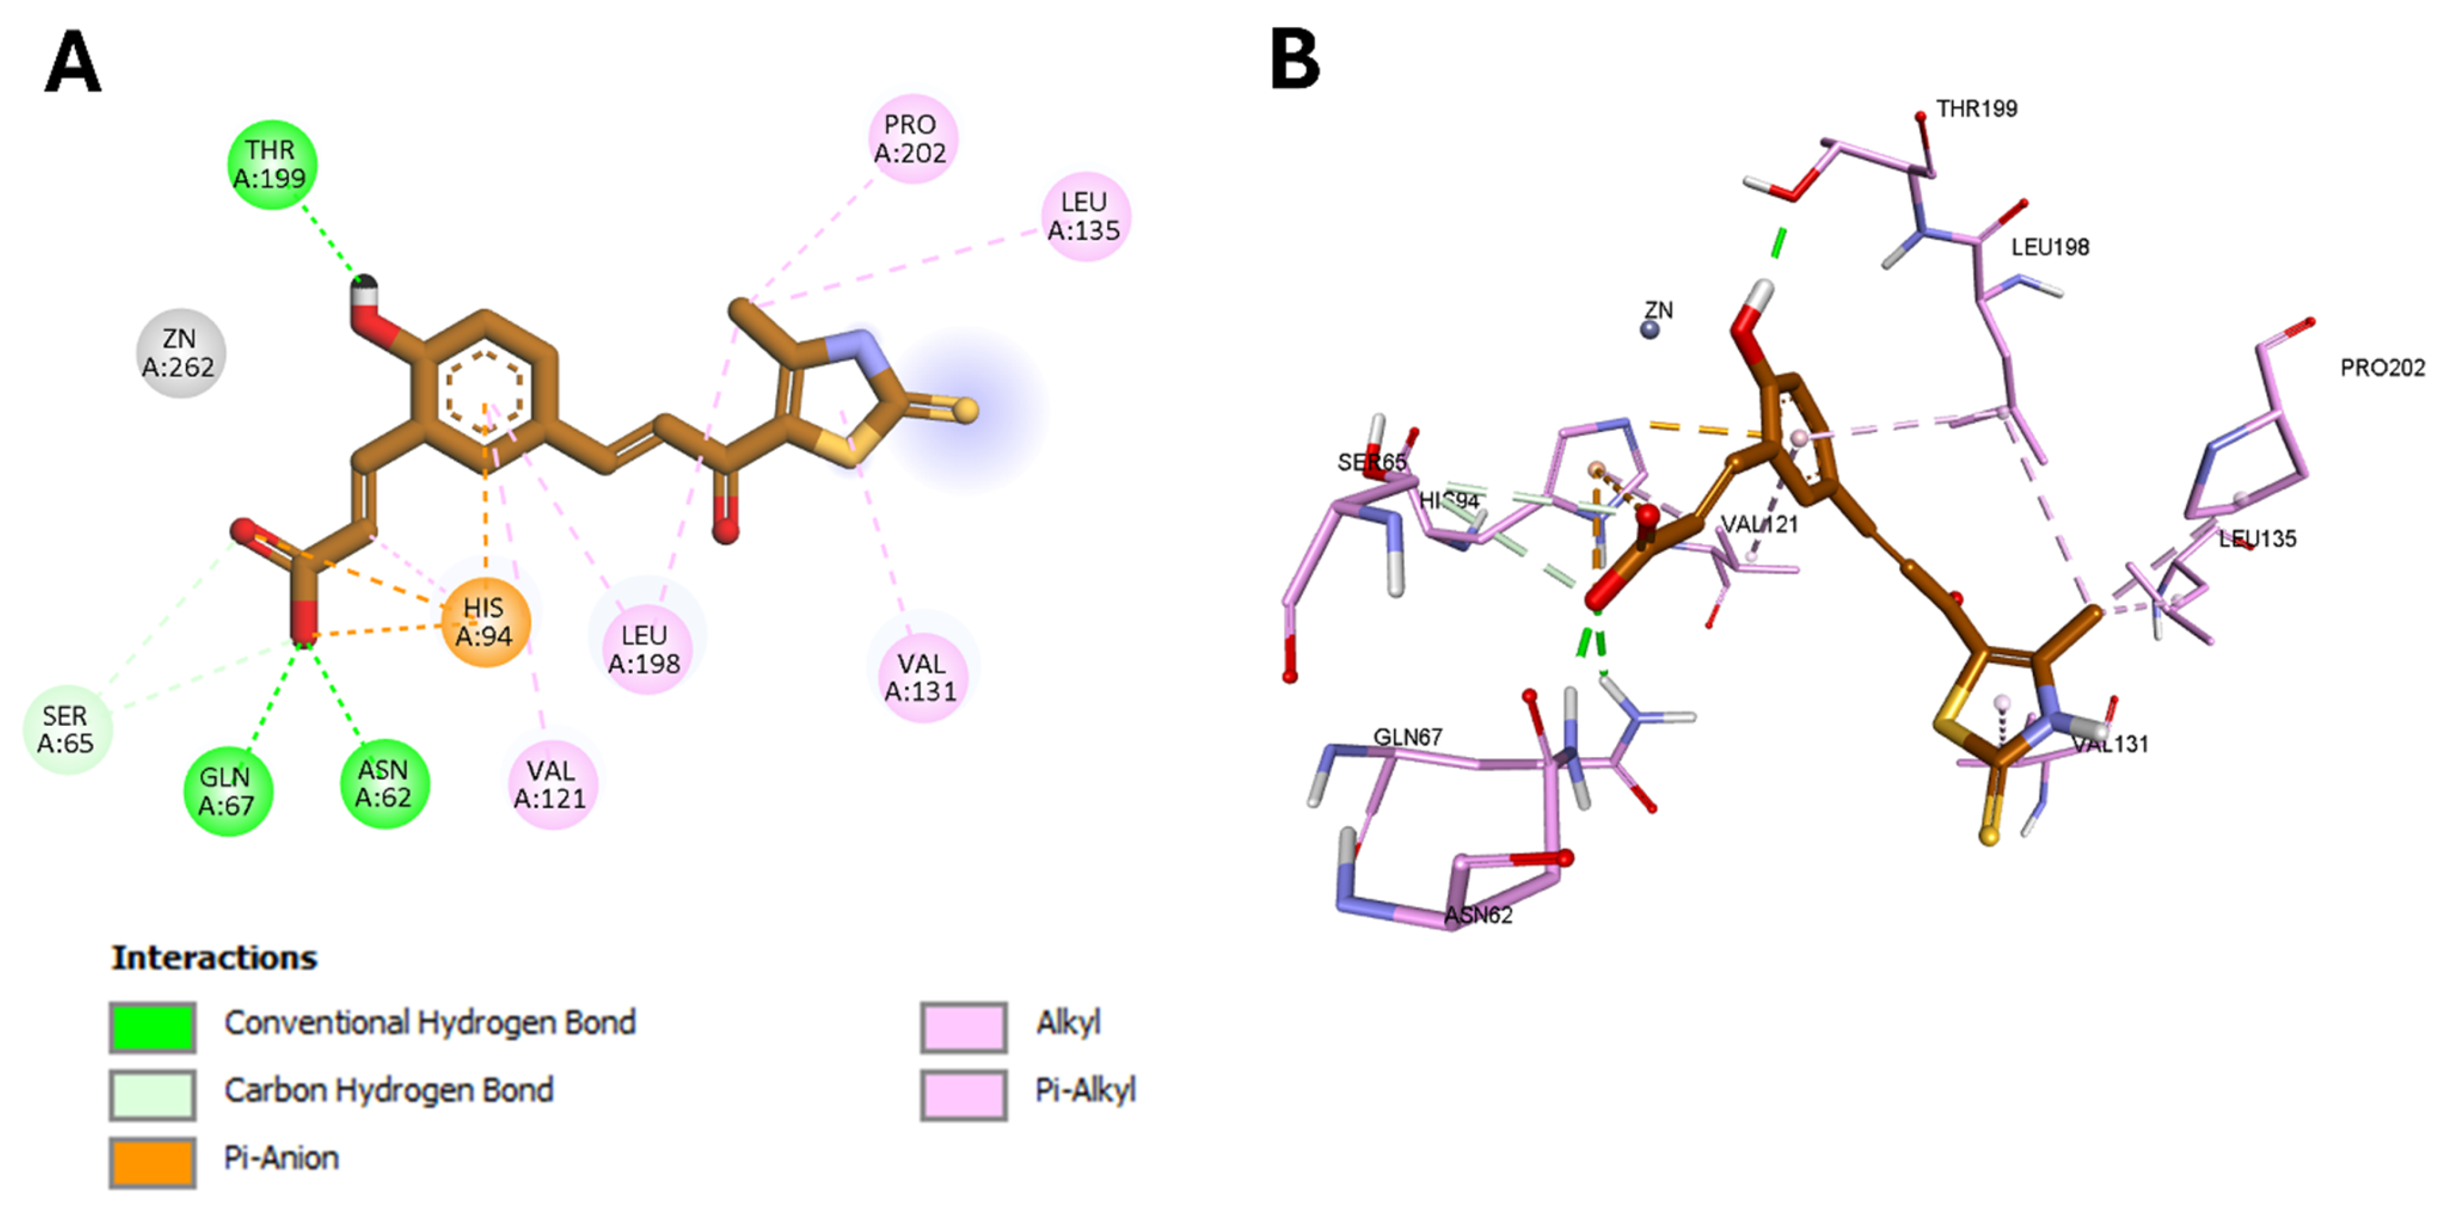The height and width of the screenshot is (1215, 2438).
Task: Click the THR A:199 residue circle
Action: coord(272,165)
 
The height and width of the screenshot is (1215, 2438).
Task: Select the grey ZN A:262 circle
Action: coord(180,353)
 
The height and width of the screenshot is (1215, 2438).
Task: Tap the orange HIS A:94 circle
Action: coord(484,622)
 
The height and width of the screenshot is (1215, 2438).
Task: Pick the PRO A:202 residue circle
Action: coord(911,138)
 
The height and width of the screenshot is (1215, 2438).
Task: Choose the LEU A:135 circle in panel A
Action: coord(1085,216)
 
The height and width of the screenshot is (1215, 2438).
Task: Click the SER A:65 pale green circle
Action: coord(66,730)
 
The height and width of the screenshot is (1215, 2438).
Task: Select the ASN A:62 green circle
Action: coord(383,784)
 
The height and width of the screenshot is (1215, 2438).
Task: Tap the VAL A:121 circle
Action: coord(551,784)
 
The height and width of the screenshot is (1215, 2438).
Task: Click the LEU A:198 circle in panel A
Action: coord(644,649)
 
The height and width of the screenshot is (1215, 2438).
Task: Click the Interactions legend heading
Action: coord(215,957)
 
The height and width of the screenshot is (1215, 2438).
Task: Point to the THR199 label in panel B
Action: coord(1976,109)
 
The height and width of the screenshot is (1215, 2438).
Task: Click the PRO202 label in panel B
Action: coord(2382,367)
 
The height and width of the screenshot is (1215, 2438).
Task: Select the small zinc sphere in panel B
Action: coord(1650,329)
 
